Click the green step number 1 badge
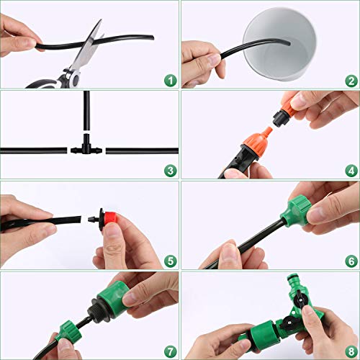click(171, 81)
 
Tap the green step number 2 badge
click(351, 81)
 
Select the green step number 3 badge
click(171, 171)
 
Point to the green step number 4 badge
click(351, 171)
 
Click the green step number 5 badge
click(171, 261)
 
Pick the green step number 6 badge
click(351, 261)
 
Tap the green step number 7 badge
click(171, 352)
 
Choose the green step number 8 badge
click(351, 352)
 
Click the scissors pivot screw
click(76, 78)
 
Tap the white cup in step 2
click(279, 45)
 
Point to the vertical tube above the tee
click(86, 110)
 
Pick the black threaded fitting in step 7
click(100, 309)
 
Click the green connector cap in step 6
click(299, 211)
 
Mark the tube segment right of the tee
click(142, 151)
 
